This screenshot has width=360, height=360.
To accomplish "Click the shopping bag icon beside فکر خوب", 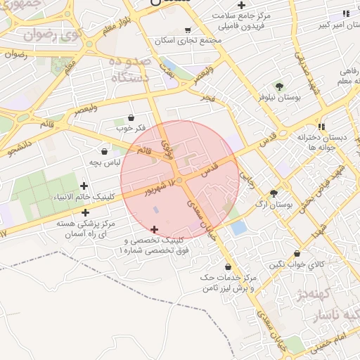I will point(132,118).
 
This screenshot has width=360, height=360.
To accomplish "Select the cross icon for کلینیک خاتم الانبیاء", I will point(84,186).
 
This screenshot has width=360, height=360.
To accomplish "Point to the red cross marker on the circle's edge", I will point(154,229).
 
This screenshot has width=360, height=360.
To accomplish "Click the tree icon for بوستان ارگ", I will point(274,193).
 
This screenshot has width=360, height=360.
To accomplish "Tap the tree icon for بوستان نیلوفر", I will point(280,87).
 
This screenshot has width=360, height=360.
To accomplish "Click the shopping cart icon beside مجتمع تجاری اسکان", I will point(188,30).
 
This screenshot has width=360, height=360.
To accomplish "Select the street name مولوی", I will point(167,147).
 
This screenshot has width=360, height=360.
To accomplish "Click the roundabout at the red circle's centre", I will point(180,181).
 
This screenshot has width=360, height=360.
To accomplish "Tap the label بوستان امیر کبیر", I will point(335,25).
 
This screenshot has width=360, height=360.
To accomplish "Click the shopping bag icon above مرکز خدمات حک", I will point(228,266).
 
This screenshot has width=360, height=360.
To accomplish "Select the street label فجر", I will point(207,95).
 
